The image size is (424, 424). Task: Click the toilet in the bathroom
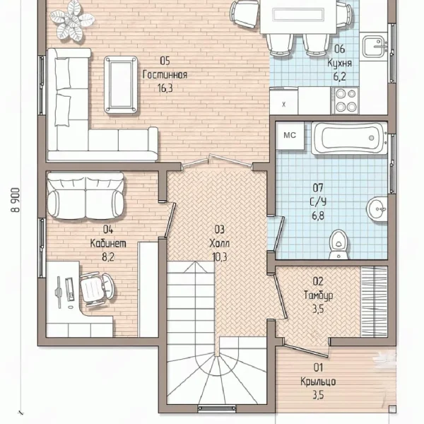pos(338,245)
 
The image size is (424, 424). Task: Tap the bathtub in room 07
pos(349,139)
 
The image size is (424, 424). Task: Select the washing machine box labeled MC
pos(290,135)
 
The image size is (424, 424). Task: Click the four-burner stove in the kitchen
pos(346,100)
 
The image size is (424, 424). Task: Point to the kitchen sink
pos(375,46)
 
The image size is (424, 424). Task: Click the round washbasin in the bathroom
pos(377,209)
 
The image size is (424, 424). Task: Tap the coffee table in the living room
pos(121,84)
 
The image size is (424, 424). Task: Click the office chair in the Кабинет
pos(97,290)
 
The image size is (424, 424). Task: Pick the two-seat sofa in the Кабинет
pos(86,196)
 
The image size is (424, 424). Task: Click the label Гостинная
pos(165,75)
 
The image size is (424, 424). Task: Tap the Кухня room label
pos(340,63)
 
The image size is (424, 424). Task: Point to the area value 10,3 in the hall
pos(220,257)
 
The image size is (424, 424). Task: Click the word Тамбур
pos(318,295)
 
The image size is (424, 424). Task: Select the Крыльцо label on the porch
pos(318,382)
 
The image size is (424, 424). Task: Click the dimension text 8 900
pos(16,200)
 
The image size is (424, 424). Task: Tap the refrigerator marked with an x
pos(283,100)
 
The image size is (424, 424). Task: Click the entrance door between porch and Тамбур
pos(306,351)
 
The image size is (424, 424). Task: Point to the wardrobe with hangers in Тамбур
pos(375,302)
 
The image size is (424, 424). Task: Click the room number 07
pos(318,187)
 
